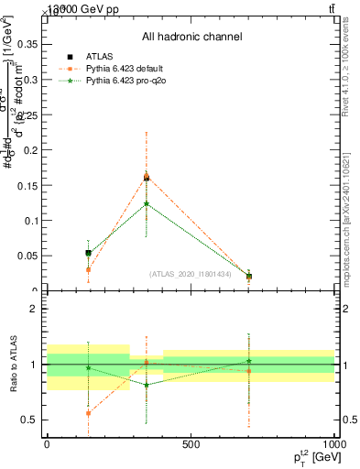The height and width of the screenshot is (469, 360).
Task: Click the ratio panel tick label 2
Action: [x=33, y=309]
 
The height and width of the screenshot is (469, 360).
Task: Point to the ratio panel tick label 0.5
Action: [x=29, y=420]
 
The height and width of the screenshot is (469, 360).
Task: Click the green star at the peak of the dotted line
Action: [x=147, y=203]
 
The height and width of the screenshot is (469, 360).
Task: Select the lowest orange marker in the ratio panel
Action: [x=88, y=413]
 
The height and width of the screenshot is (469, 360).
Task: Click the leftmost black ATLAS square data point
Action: [x=88, y=253]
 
